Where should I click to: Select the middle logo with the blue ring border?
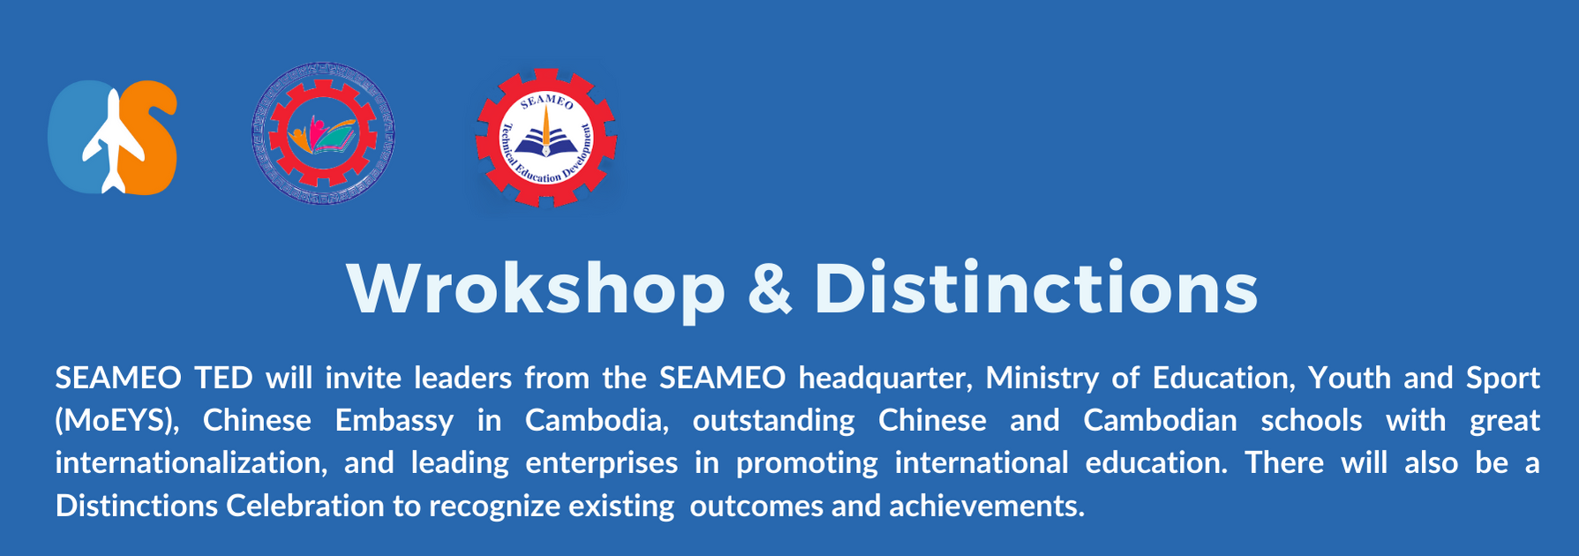pyautogui.click(x=323, y=133)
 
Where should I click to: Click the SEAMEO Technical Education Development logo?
pyautogui.click(x=546, y=139)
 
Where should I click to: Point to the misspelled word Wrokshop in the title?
pyautogui.click(x=536, y=288)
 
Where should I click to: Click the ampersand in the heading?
pyautogui.click(x=770, y=289)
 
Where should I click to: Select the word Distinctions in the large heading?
pyautogui.click(x=1036, y=288)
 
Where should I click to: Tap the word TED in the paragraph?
pyautogui.click(x=224, y=378)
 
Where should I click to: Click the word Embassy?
pyautogui.click(x=394, y=421)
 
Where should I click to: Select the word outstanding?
pyautogui.click(x=773, y=421)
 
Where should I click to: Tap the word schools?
pyautogui.click(x=1311, y=420)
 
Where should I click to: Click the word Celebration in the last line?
pyautogui.click(x=305, y=506)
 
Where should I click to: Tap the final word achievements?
pyautogui.click(x=986, y=506)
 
